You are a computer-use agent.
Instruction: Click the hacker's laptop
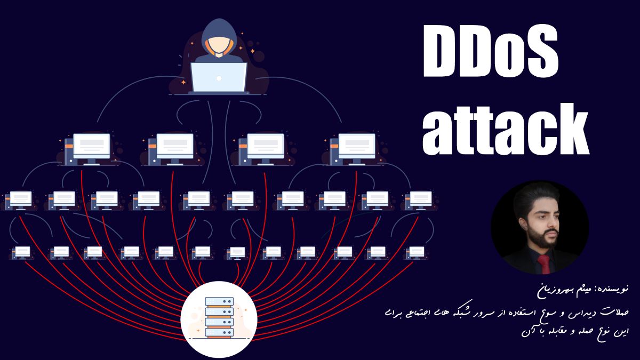[219, 77]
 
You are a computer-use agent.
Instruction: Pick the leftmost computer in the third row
[20, 200]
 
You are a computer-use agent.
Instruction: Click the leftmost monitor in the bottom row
[22, 252]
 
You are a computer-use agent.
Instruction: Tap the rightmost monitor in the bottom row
[415, 252]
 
